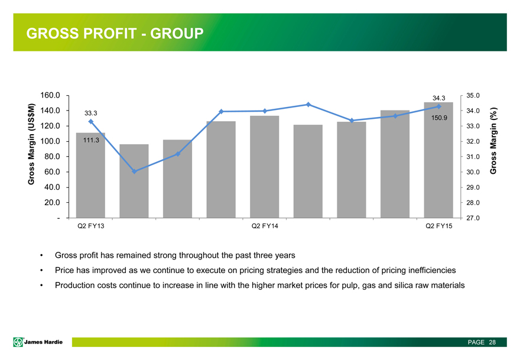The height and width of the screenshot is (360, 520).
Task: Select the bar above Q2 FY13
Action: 91,176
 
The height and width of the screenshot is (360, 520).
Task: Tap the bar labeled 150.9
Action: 438,160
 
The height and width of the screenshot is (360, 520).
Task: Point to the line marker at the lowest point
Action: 135,171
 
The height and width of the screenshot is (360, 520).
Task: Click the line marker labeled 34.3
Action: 438,106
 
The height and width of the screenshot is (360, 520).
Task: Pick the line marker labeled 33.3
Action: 91,121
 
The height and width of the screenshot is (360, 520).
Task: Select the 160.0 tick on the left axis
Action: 51,95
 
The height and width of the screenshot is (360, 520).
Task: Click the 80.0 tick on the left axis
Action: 53,157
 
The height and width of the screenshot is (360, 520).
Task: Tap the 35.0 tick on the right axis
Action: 473,95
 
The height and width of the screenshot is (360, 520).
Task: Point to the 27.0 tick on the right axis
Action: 473,219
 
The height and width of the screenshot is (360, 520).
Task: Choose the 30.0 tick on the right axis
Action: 473,172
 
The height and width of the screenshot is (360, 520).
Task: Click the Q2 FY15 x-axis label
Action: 438,226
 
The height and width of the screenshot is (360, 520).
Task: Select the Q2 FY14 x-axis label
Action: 265,226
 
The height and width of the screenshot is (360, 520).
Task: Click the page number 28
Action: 492,342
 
